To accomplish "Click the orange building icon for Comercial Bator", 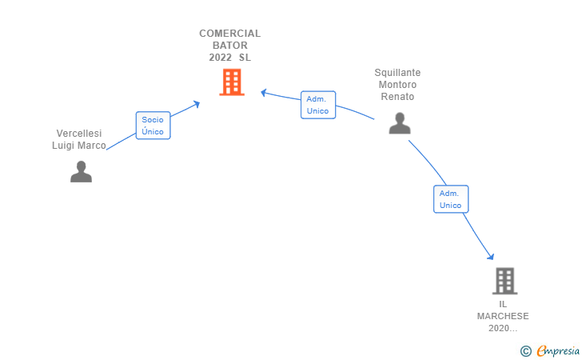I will pyautogui.click(x=231, y=82).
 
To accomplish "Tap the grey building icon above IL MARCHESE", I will pyautogui.click(x=504, y=281).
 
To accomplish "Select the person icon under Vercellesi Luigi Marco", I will pyautogui.click(x=81, y=172).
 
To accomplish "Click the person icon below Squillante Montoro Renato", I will pyautogui.click(x=400, y=123).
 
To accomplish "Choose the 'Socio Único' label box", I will pyautogui.click(x=153, y=126).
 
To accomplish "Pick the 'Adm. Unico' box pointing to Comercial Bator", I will pyautogui.click(x=317, y=105).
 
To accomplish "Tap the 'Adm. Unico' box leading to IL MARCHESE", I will pyautogui.click(x=450, y=199).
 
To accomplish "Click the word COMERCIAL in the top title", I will pyautogui.click(x=229, y=34).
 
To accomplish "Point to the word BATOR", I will pyautogui.click(x=229, y=46).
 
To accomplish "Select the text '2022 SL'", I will pyautogui.click(x=229, y=58).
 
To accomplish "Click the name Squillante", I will pyautogui.click(x=397, y=73).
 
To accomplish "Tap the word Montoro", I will pyautogui.click(x=397, y=85).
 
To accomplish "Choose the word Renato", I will pyautogui.click(x=397, y=97).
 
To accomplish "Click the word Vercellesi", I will pyautogui.click(x=81, y=134).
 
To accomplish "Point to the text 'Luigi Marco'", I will pyautogui.click(x=79, y=146).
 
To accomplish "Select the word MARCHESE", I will pyautogui.click(x=503, y=316).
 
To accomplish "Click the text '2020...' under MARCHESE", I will pyautogui.click(x=503, y=328).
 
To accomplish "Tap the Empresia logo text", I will pyautogui.click(x=558, y=350).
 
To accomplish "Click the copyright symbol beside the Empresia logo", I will pyautogui.click(x=525, y=350).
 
